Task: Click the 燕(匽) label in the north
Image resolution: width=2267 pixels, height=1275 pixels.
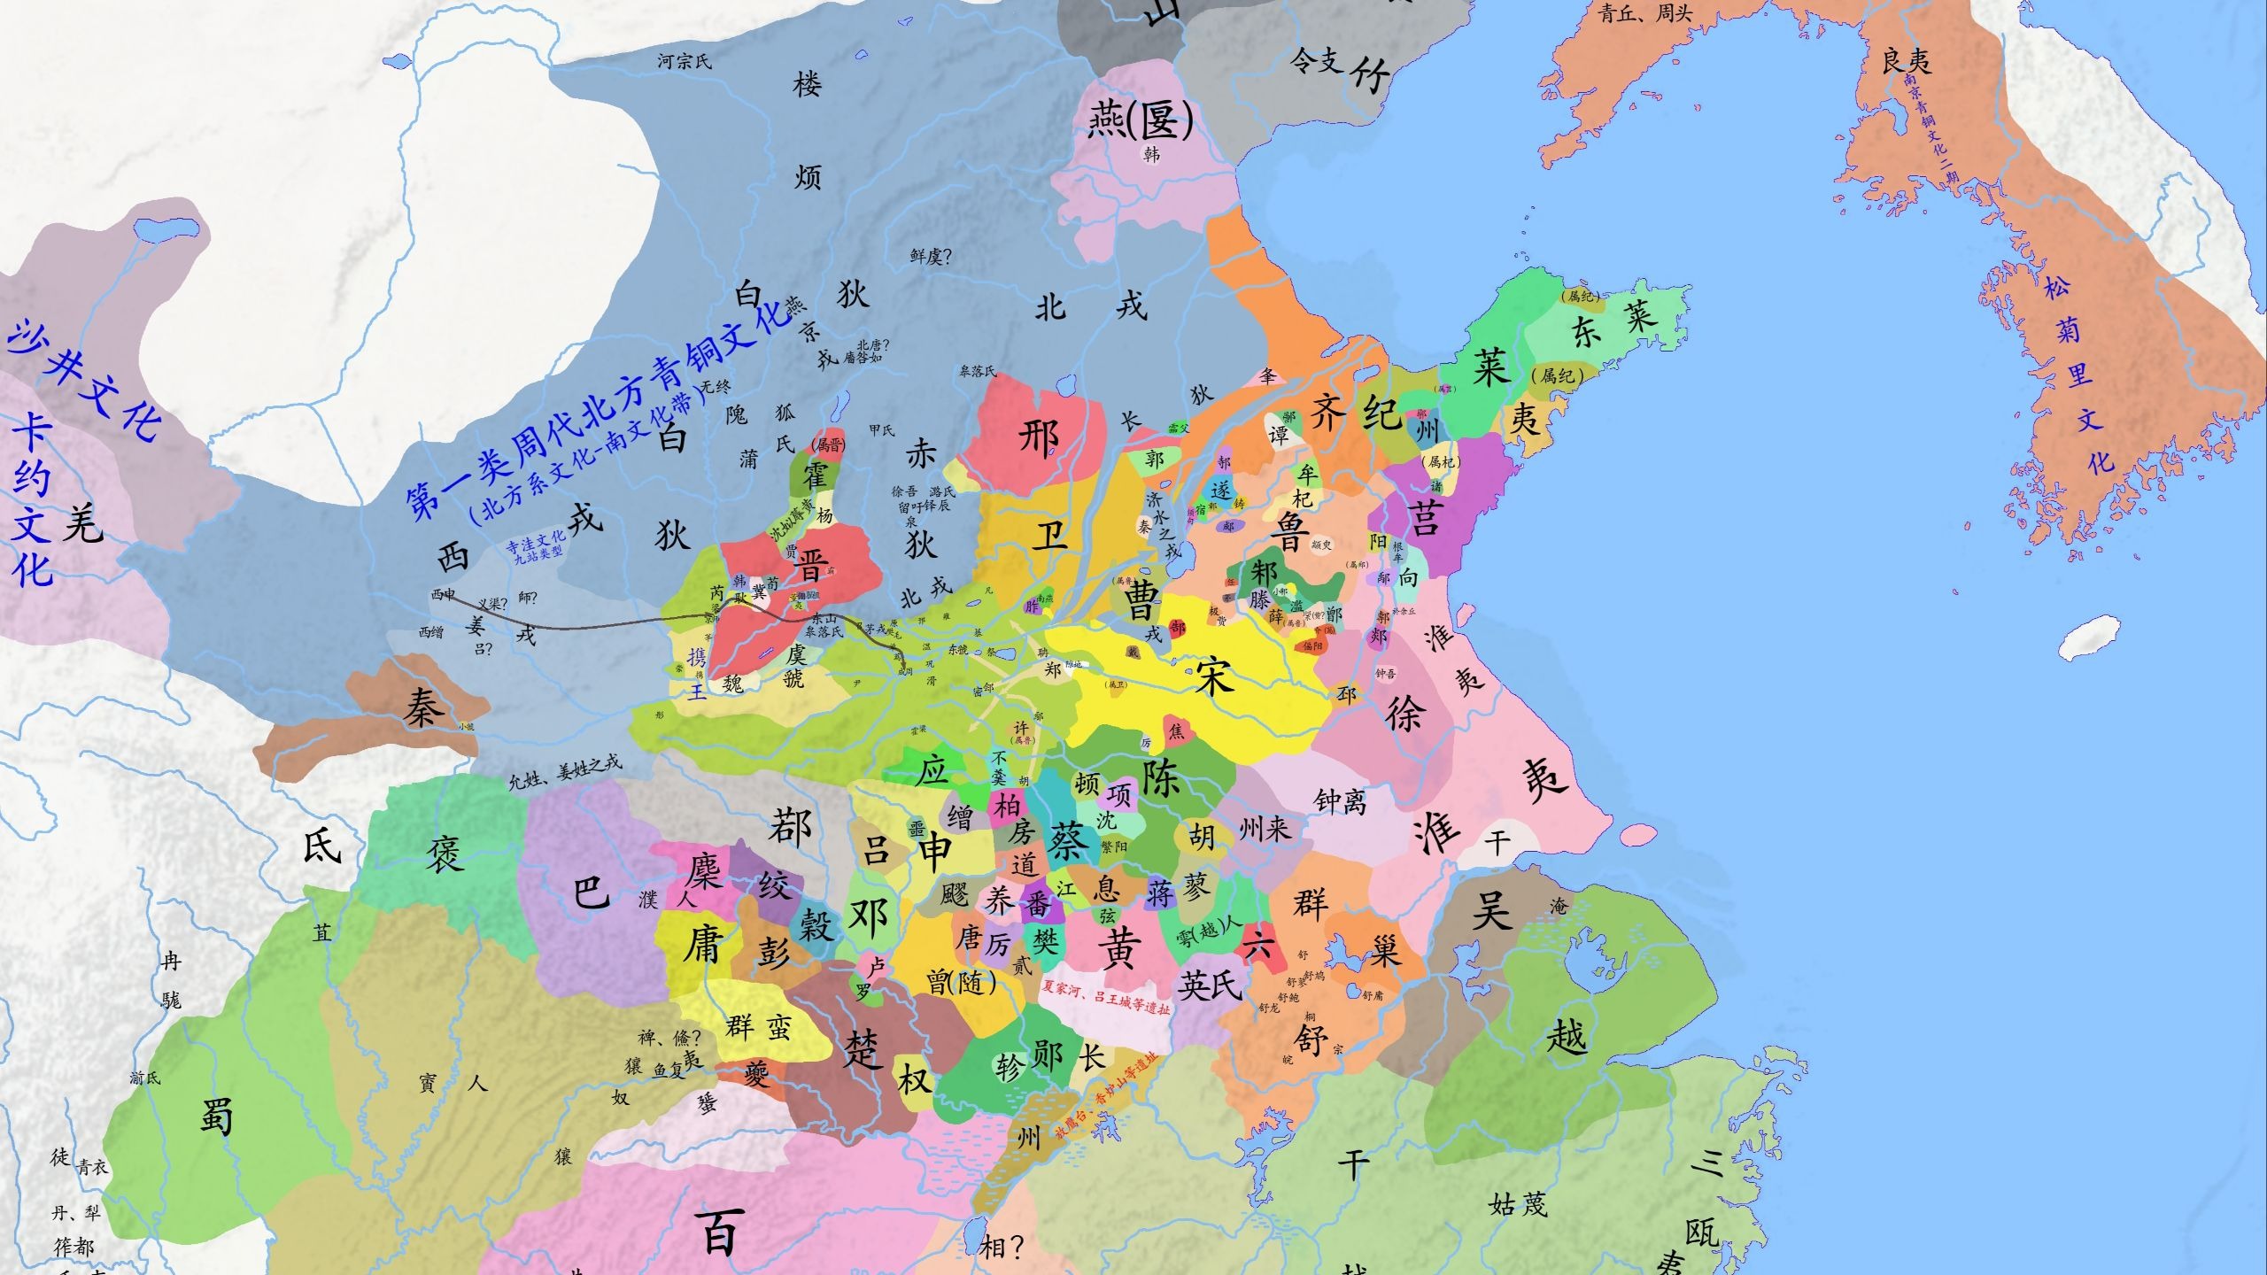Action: (x=1141, y=120)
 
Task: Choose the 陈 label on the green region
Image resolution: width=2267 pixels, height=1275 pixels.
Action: (x=1161, y=777)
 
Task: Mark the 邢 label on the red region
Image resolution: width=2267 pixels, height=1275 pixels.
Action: (x=1040, y=437)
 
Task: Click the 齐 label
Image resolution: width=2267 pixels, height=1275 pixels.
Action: (x=1327, y=413)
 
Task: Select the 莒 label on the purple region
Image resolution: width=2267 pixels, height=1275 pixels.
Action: (x=1425, y=516)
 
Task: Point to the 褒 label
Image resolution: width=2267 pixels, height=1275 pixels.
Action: (x=445, y=854)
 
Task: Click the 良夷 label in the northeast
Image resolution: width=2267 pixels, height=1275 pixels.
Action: (x=1907, y=61)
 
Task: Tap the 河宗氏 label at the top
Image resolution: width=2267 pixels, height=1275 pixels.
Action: (x=685, y=61)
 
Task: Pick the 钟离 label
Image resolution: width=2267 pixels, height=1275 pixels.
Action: (x=1340, y=801)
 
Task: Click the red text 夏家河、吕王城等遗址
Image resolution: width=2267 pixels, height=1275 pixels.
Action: (x=1106, y=997)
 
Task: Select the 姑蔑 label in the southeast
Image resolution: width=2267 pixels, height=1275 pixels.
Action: (x=1519, y=1204)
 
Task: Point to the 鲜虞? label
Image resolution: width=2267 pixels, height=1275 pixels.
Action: (x=931, y=257)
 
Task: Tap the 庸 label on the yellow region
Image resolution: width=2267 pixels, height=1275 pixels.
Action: (x=704, y=944)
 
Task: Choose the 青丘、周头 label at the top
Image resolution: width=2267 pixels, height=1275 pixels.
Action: (x=1645, y=13)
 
